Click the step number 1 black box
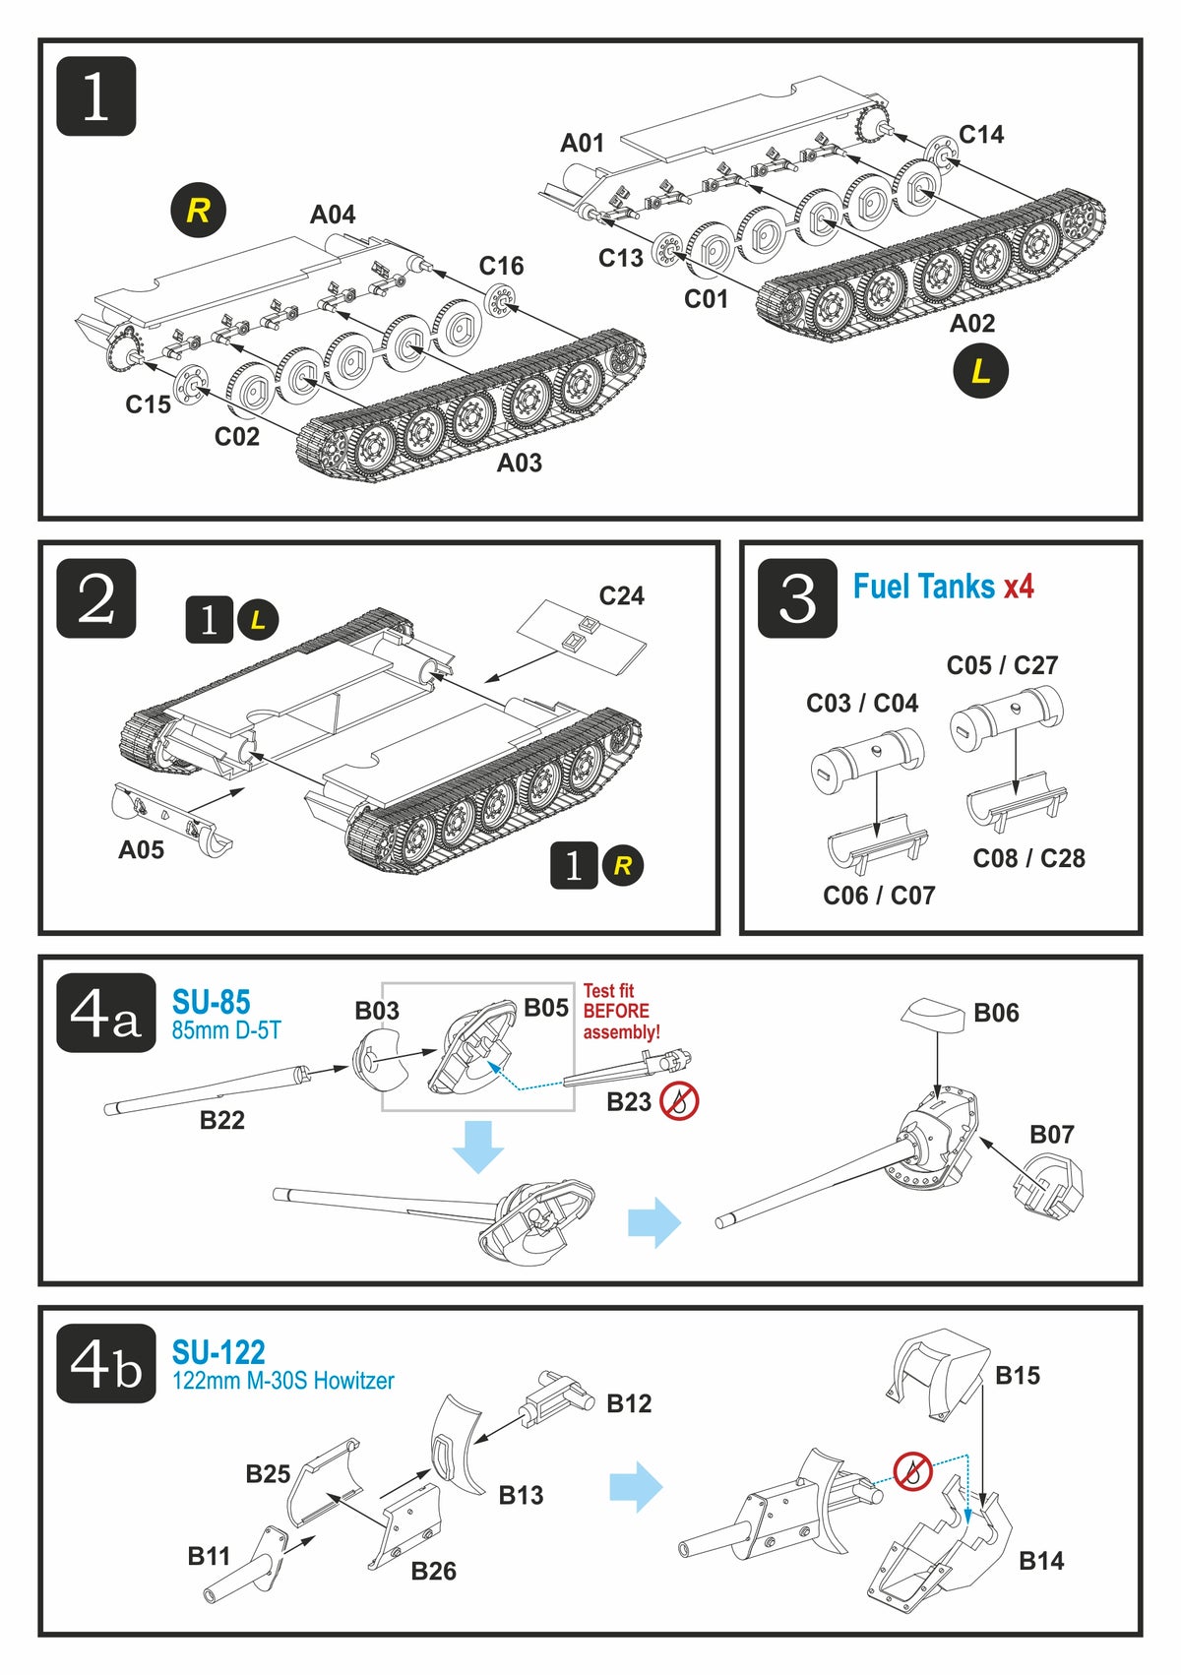pyautogui.click(x=95, y=96)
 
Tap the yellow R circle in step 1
pyautogui.click(x=198, y=210)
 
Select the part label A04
pyautogui.click(x=333, y=215)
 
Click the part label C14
pyautogui.click(x=981, y=135)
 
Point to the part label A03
pyautogui.click(x=519, y=463)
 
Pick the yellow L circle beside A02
pyautogui.click(x=980, y=371)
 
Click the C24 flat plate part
pyautogui.click(x=583, y=638)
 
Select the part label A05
pyautogui.click(x=142, y=850)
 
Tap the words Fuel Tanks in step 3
pyautogui.click(x=923, y=587)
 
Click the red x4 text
pyautogui.click(x=1019, y=587)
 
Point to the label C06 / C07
pyautogui.click(x=879, y=895)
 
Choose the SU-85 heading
pyautogui.click(x=212, y=1002)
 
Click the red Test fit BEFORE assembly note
pyautogui.click(x=621, y=1012)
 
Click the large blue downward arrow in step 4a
pyautogui.click(x=478, y=1146)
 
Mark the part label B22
pyautogui.click(x=222, y=1120)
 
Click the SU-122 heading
pyautogui.click(x=218, y=1351)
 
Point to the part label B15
pyautogui.click(x=1018, y=1375)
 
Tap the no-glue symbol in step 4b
pyautogui.click(x=912, y=1472)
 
